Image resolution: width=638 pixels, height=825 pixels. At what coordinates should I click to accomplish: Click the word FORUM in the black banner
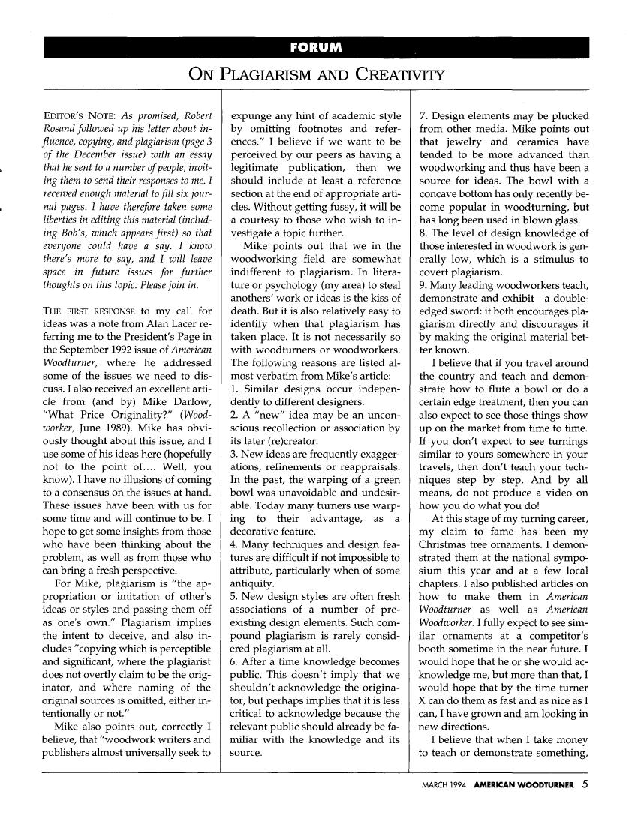317,49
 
